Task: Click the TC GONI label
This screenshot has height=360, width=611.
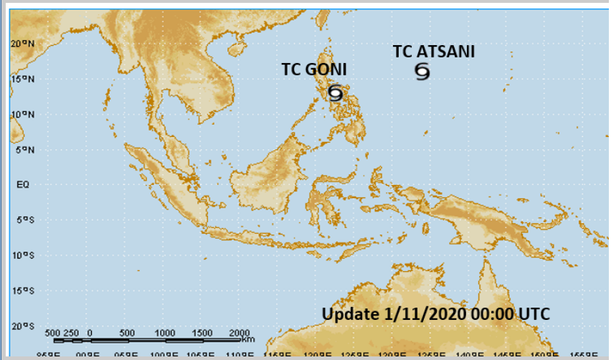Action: tap(313, 70)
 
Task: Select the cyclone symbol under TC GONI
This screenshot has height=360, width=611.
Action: tap(335, 93)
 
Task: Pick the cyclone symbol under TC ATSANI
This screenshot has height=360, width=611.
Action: tap(422, 71)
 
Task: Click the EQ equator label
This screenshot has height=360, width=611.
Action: tap(22, 184)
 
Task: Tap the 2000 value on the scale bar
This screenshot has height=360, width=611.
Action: tap(239, 333)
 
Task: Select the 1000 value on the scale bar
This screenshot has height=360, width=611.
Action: tap(165, 333)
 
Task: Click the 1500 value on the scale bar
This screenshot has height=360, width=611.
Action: tap(202, 333)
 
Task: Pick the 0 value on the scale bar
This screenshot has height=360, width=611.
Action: tap(90, 333)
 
